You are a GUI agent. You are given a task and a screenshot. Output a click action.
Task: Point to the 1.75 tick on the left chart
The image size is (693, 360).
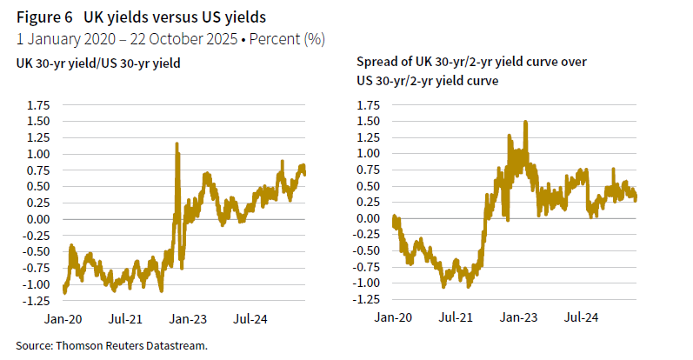coord(39,105)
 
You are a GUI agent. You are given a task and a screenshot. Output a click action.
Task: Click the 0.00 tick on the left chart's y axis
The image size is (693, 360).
coord(39,219)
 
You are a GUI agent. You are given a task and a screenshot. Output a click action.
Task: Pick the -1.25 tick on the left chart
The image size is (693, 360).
coord(37,301)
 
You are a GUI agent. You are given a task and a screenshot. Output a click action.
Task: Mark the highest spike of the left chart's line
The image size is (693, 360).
coord(177,144)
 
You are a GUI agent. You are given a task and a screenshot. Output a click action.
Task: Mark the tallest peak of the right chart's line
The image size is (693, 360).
coord(525,123)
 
